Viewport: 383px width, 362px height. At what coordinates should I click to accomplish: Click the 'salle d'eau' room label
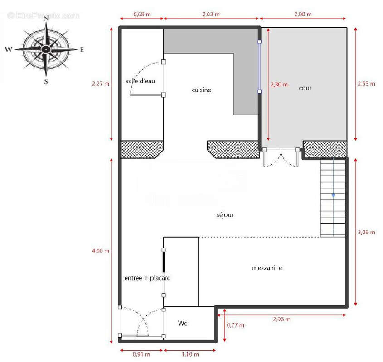[x=141, y=81]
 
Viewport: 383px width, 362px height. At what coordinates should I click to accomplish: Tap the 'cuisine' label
[x=201, y=90]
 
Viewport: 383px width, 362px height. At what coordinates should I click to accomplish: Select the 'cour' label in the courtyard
[x=305, y=88]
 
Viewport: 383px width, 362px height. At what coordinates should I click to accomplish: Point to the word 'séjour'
[x=225, y=215]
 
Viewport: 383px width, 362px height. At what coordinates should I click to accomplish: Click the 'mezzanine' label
[x=267, y=268]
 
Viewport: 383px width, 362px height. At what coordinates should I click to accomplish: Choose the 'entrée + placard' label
[x=147, y=278]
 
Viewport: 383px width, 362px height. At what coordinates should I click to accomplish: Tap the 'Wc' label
[x=183, y=323]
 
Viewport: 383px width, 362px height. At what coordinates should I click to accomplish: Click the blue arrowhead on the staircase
[x=333, y=195]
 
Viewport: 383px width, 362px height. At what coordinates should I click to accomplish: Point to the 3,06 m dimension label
[x=366, y=232]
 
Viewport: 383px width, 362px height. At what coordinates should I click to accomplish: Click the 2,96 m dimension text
[x=281, y=319]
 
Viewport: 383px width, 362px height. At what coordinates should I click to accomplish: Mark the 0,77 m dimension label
[x=235, y=325]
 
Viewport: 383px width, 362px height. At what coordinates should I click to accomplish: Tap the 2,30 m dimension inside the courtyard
[x=279, y=84]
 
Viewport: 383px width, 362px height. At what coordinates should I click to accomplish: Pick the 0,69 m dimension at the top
[x=142, y=14]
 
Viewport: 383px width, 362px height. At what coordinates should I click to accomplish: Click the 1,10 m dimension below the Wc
[x=189, y=354]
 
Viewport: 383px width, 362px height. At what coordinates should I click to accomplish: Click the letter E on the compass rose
[x=82, y=50]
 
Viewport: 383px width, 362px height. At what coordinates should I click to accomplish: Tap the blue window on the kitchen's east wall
[x=259, y=67]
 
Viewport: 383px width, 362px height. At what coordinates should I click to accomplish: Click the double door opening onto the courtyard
[x=281, y=157]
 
